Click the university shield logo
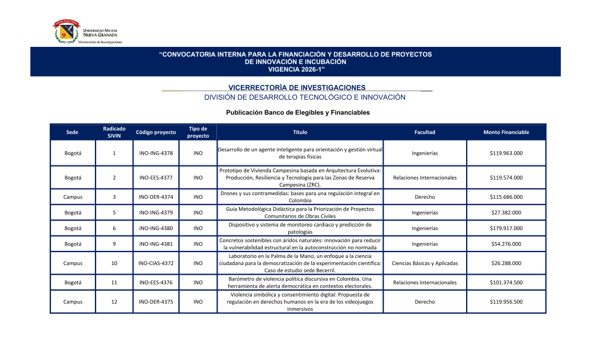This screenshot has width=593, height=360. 66,31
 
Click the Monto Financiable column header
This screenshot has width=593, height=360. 506,132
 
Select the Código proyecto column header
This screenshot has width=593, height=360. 156,132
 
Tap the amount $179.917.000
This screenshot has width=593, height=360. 506,228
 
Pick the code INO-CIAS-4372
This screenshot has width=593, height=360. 156,263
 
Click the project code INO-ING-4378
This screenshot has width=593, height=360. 156,153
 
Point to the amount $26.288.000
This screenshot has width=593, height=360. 506,263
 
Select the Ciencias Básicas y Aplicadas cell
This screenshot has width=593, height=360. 425,263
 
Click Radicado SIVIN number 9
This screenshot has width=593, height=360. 114,244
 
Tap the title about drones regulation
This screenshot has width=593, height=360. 299,197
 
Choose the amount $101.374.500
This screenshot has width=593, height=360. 506,282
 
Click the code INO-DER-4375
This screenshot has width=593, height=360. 156,301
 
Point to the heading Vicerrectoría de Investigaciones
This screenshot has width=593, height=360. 296,88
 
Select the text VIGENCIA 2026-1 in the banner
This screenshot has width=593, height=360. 296,69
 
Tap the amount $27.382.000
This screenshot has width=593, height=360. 506,212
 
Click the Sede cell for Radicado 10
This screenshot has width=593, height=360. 72,263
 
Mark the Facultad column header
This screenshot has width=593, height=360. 425,132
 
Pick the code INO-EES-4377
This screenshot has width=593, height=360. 156,177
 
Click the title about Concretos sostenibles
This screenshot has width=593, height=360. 299,244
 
